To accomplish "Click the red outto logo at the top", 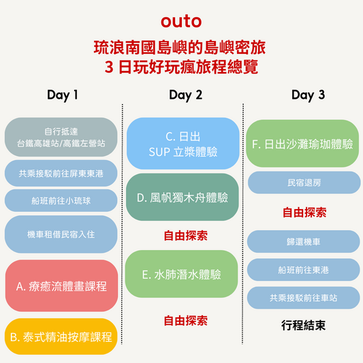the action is [x=181, y=21].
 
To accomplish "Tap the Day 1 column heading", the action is [x=62, y=95].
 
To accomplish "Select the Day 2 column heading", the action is [x=186, y=95].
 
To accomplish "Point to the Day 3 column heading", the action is [x=308, y=95].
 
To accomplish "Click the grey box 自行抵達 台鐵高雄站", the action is [x=61, y=137].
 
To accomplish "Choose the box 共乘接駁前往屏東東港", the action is [x=61, y=173].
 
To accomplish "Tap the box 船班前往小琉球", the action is [x=61, y=200].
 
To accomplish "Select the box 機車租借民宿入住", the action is [x=61, y=234].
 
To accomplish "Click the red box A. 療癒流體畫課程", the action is [x=61, y=285].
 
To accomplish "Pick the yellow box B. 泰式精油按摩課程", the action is [x=61, y=336].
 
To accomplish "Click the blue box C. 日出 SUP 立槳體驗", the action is [x=183, y=143].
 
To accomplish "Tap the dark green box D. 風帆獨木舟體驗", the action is [x=183, y=197].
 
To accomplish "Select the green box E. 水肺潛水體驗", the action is [x=181, y=274].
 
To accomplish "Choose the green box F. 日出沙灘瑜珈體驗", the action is [x=302, y=143].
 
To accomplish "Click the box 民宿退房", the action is [x=304, y=183].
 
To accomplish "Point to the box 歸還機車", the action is [x=304, y=242].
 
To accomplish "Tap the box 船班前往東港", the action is [x=304, y=270].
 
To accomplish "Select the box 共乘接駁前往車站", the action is [x=304, y=298].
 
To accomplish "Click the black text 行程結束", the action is [x=303, y=326].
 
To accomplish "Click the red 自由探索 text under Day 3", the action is [x=304, y=212].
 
